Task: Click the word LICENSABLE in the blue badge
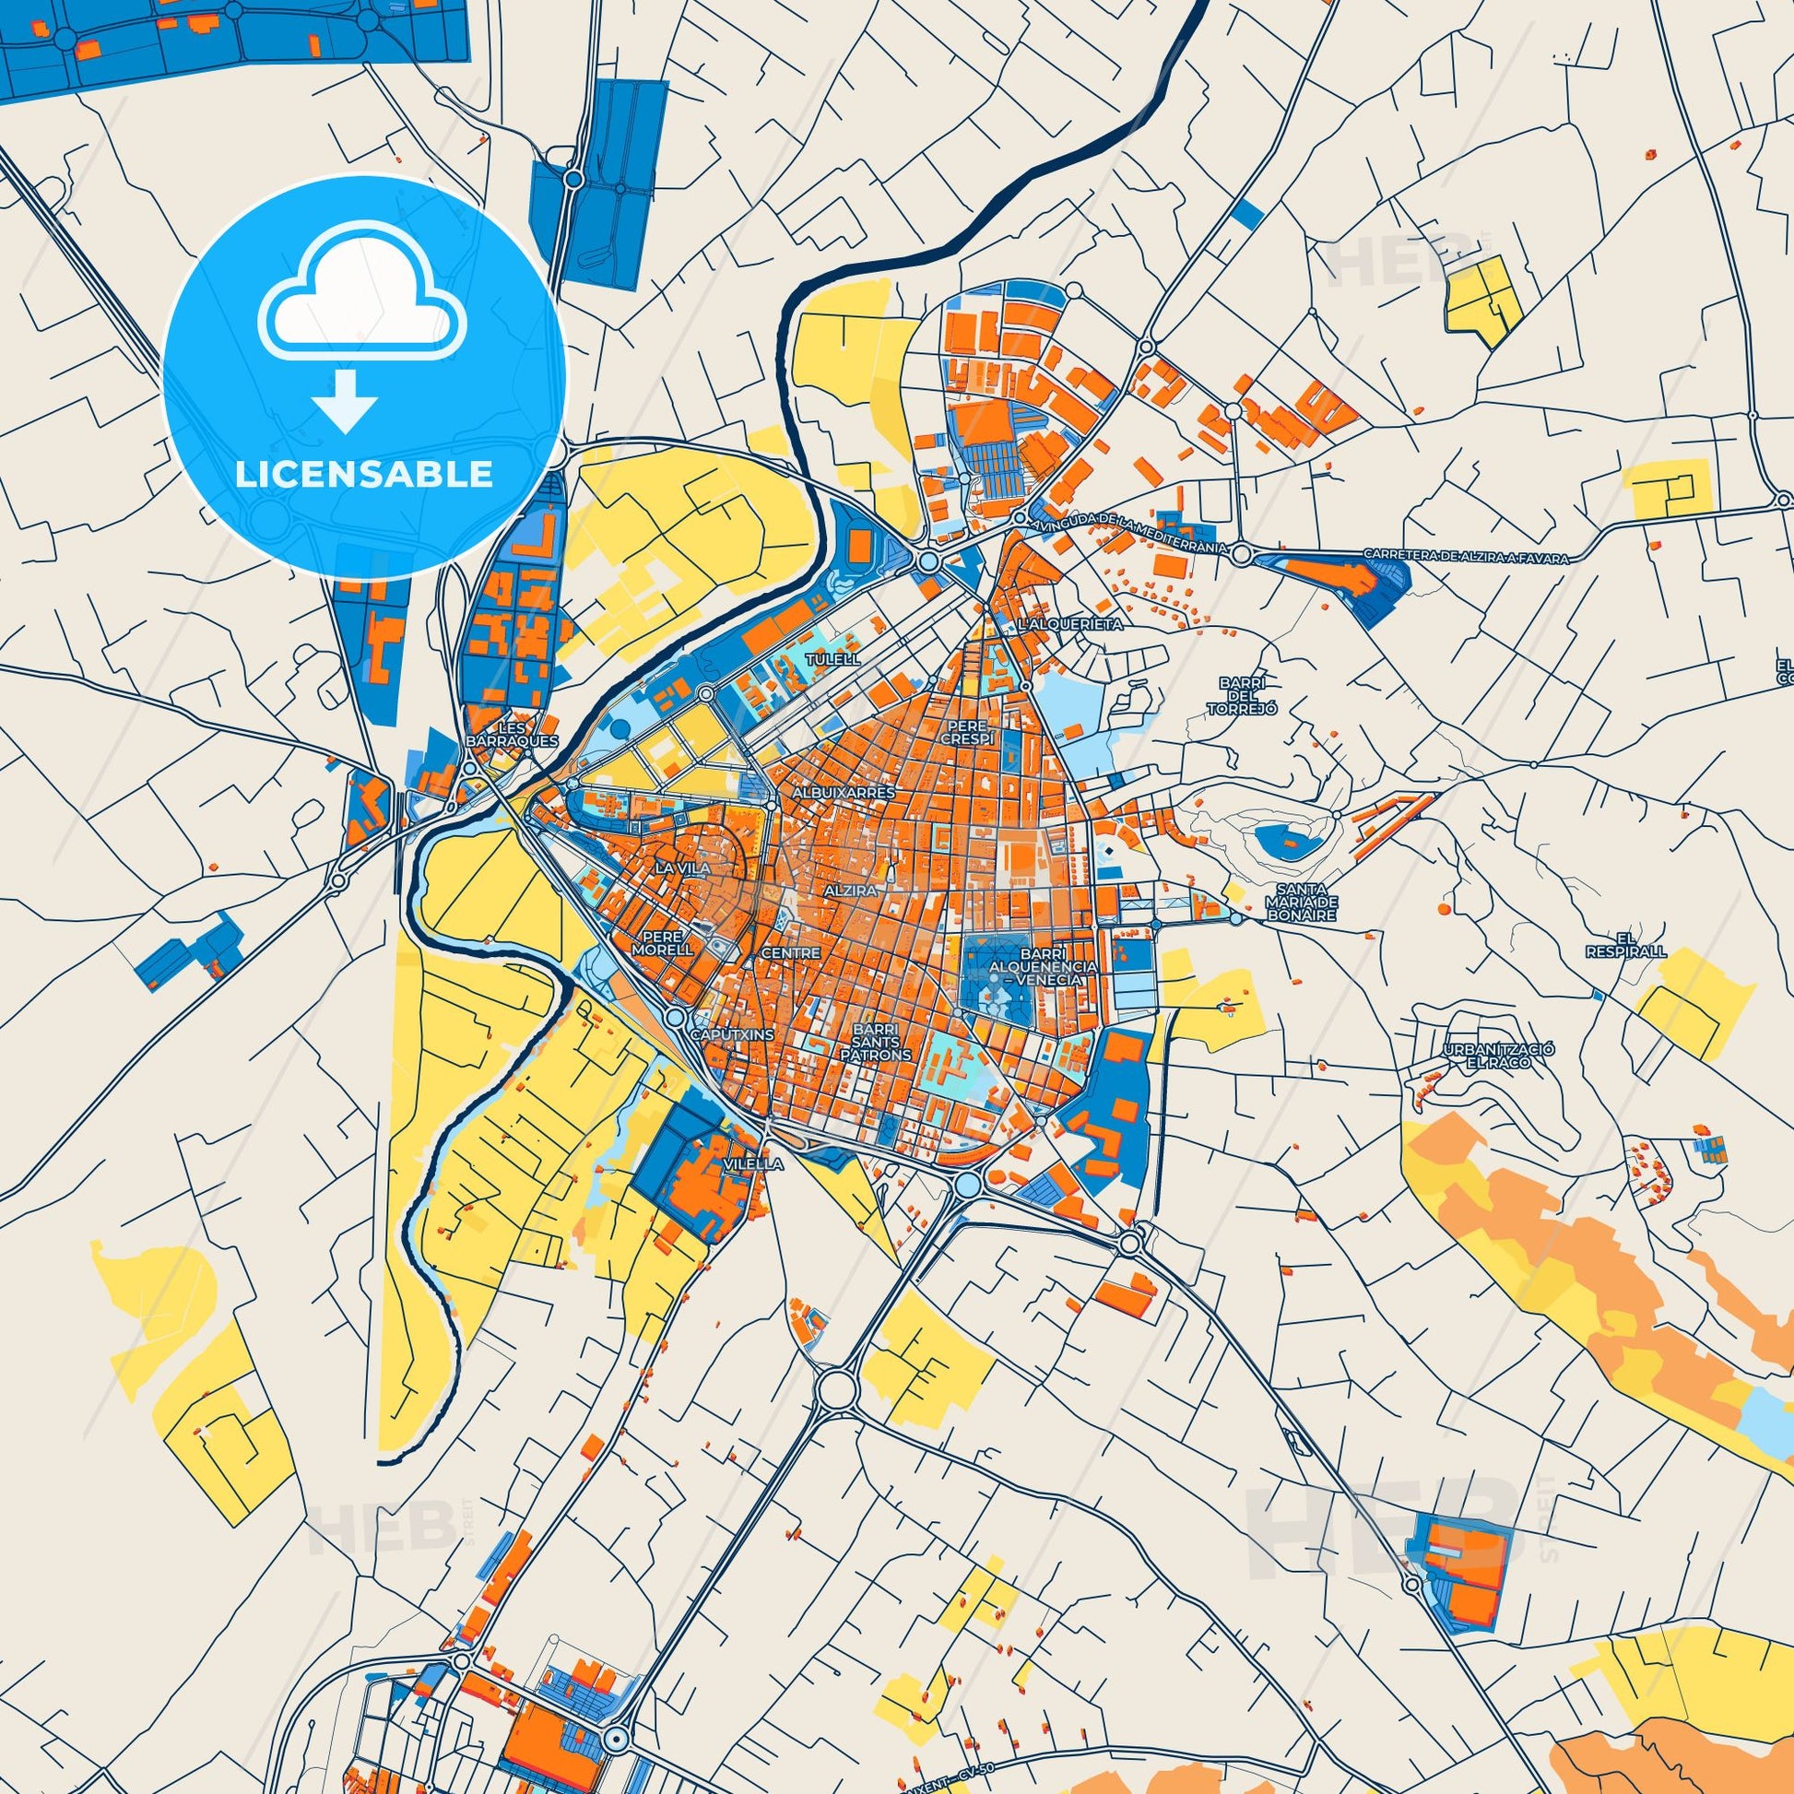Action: tap(364, 475)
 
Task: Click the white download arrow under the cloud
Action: tap(346, 400)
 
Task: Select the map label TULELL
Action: tap(834, 658)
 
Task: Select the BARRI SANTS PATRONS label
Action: tap(884, 1042)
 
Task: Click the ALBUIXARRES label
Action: tap(844, 793)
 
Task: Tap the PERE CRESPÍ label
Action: tap(966, 731)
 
